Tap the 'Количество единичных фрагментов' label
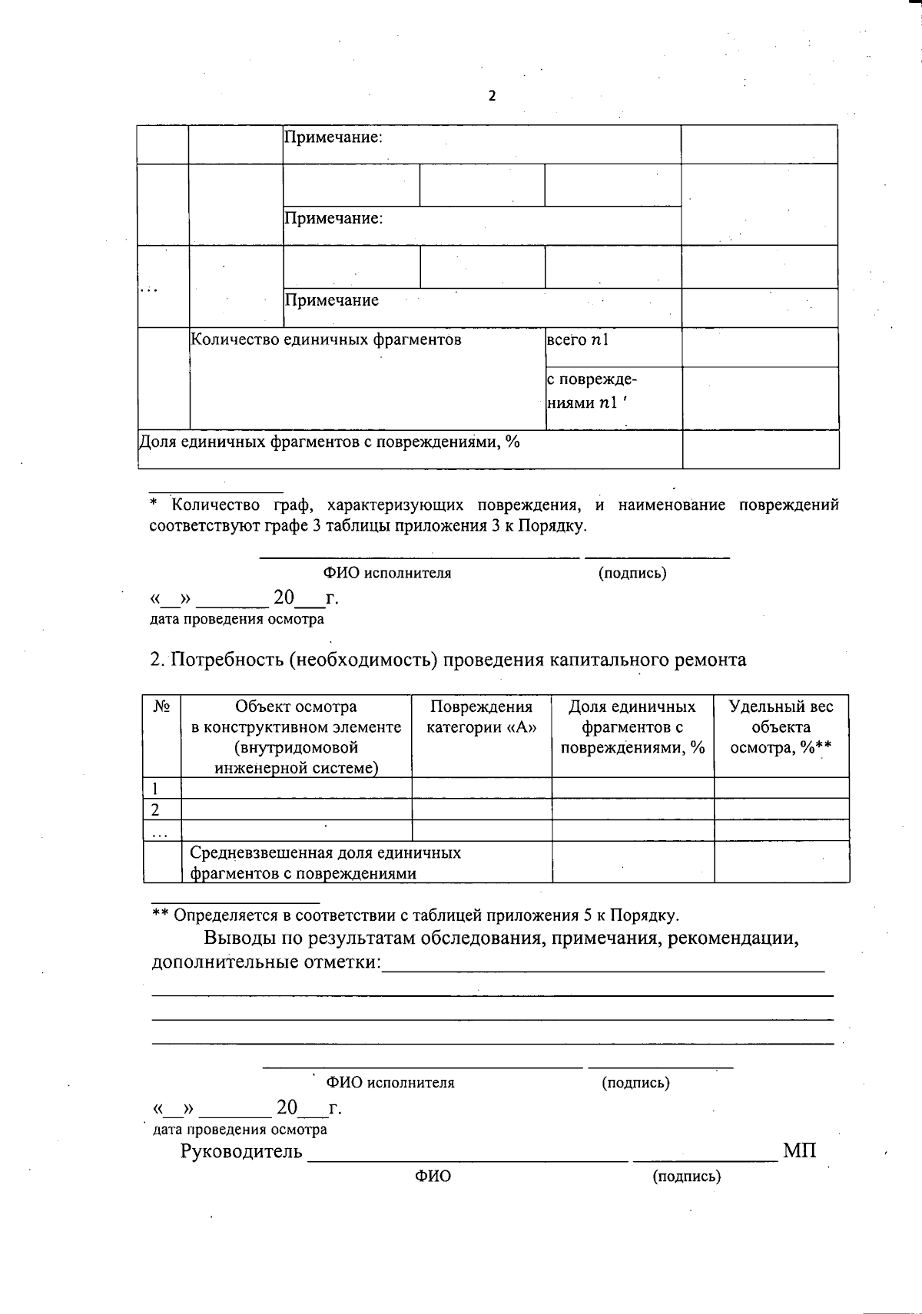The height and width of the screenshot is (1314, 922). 326,339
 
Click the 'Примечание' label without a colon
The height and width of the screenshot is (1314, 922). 332,300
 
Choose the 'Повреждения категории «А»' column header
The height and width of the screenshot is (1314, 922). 482,717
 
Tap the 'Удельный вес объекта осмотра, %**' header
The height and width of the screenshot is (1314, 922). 781,727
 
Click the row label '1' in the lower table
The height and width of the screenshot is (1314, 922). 156,788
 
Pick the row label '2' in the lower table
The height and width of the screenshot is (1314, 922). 156,809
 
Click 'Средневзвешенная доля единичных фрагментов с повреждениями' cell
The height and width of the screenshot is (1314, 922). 326,862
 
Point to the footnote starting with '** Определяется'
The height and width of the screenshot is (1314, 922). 415,915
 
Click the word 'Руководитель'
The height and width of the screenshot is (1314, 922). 241,1152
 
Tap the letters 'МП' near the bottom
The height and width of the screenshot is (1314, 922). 800,1151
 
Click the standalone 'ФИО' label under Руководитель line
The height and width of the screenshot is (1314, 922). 433,1177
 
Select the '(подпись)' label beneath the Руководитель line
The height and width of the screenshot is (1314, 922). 686,1177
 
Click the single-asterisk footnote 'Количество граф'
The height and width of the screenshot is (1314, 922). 493,515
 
